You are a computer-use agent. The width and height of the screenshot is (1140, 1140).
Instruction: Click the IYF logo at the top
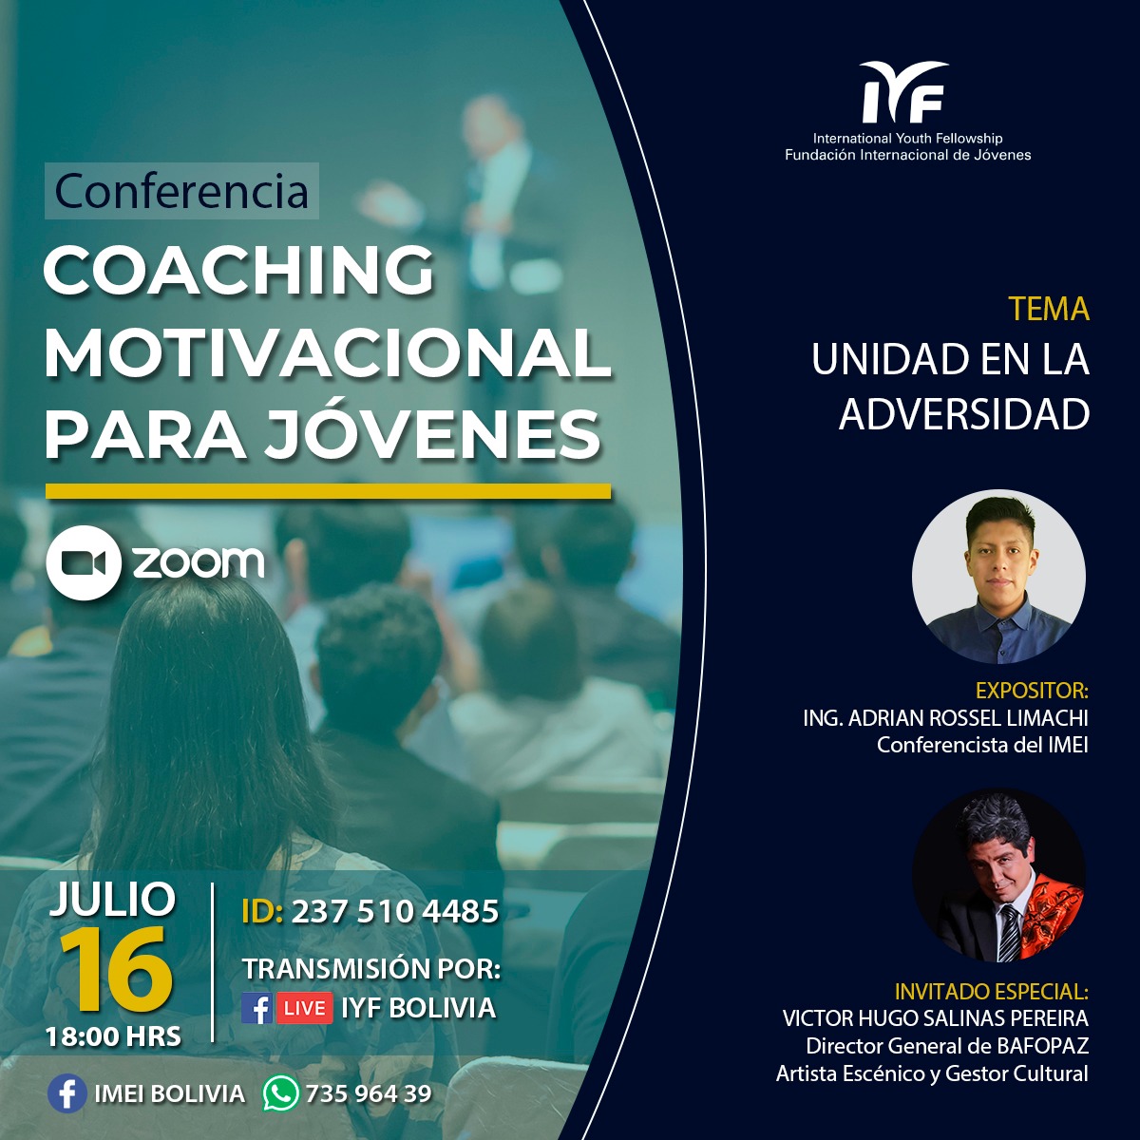[904, 92]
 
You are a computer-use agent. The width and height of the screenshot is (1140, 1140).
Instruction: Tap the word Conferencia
[181, 191]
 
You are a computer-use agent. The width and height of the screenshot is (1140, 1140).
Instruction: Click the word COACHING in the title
[239, 270]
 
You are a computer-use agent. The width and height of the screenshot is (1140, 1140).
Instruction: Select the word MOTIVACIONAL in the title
[327, 353]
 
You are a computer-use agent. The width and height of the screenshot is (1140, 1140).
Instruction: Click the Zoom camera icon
[84, 562]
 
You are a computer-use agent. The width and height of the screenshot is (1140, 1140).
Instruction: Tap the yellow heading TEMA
[1048, 309]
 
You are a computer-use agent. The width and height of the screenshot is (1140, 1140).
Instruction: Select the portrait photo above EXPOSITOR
[998, 576]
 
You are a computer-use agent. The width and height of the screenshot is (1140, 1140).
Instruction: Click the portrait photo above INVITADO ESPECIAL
[998, 875]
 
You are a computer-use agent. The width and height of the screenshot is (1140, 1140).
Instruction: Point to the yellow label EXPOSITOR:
[1032, 691]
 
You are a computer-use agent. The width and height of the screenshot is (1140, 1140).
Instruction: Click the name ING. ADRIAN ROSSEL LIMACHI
[945, 717]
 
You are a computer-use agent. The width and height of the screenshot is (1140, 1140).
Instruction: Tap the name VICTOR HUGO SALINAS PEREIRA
[936, 1018]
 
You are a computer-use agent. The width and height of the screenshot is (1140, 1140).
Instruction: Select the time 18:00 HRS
[114, 1036]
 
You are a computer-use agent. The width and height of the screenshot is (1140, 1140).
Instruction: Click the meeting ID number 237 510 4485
[395, 911]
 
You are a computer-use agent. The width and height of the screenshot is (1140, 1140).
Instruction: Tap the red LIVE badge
[304, 1008]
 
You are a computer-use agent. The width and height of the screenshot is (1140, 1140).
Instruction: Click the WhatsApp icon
[281, 1093]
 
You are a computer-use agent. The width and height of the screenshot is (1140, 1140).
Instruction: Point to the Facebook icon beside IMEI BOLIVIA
[66, 1093]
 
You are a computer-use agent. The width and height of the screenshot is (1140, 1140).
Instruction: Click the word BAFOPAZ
[1042, 1046]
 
